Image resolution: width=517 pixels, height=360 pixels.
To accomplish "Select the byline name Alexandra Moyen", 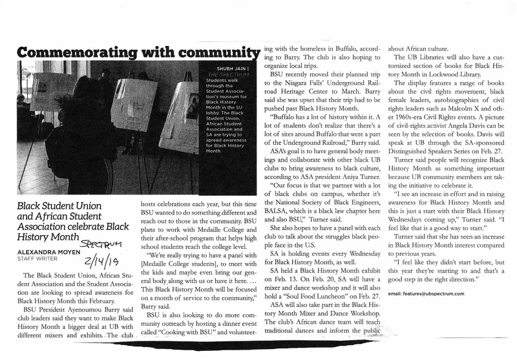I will pos(47,251).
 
